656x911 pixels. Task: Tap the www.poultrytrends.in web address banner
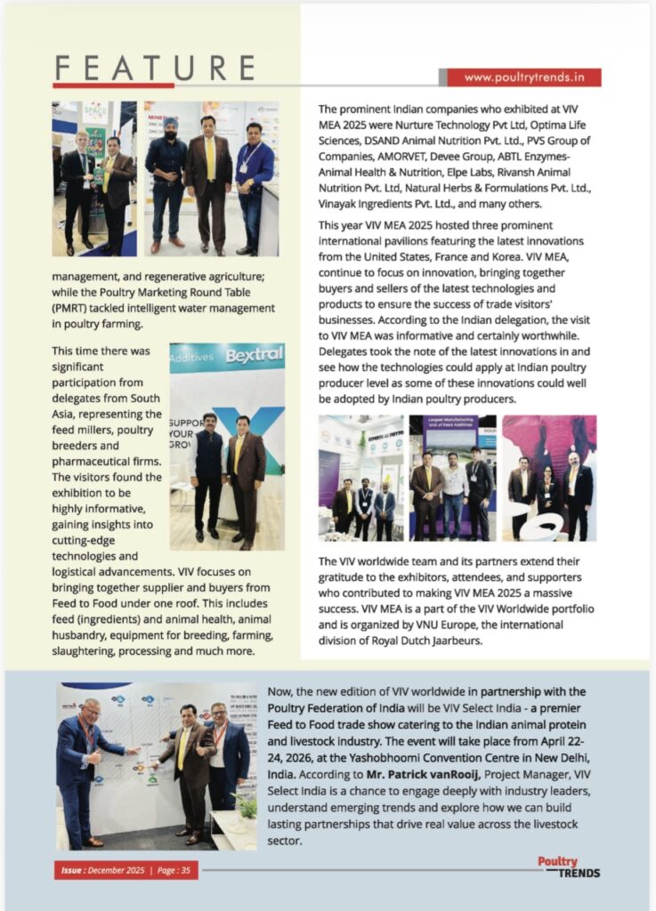point(523,77)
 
